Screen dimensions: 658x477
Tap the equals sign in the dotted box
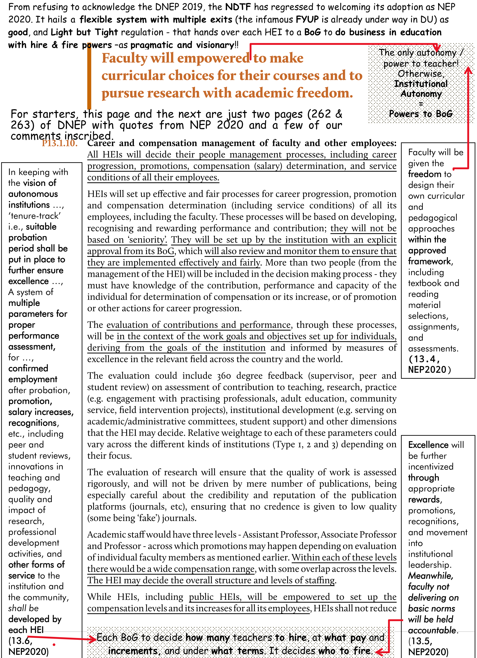[421, 104]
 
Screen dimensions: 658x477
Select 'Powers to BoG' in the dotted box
[421, 114]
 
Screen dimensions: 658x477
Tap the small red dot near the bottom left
[54, 645]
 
